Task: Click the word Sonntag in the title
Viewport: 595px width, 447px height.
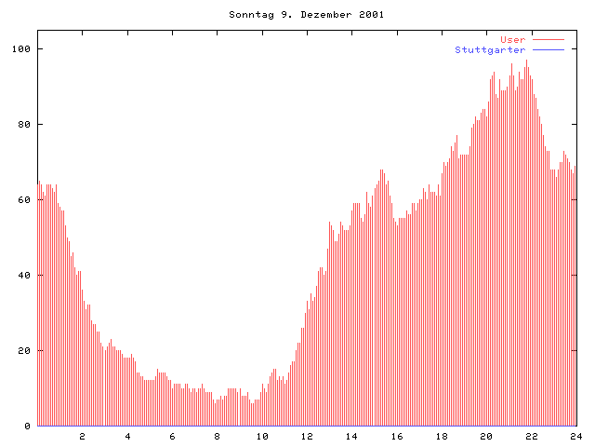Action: click(x=248, y=15)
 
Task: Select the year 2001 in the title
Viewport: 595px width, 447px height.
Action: click(x=369, y=15)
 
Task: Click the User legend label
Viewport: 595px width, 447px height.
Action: click(x=513, y=39)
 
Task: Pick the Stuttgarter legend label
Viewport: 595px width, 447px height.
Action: click(x=490, y=49)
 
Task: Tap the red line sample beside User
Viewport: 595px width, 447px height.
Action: click(x=549, y=39)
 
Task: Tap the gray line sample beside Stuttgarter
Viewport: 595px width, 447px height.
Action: click(x=549, y=49)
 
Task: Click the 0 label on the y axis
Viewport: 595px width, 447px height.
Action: click(x=28, y=426)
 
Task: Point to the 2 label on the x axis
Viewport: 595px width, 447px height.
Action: click(x=82, y=436)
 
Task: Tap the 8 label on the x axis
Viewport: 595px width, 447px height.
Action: click(x=217, y=436)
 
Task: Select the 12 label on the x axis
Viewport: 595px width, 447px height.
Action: click(x=307, y=436)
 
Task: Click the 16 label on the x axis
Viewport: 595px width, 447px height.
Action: click(x=397, y=436)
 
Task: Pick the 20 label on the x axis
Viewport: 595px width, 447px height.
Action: click(x=486, y=436)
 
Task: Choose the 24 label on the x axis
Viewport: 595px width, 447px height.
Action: click(x=575, y=436)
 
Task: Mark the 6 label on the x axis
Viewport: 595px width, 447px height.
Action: click(x=172, y=436)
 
